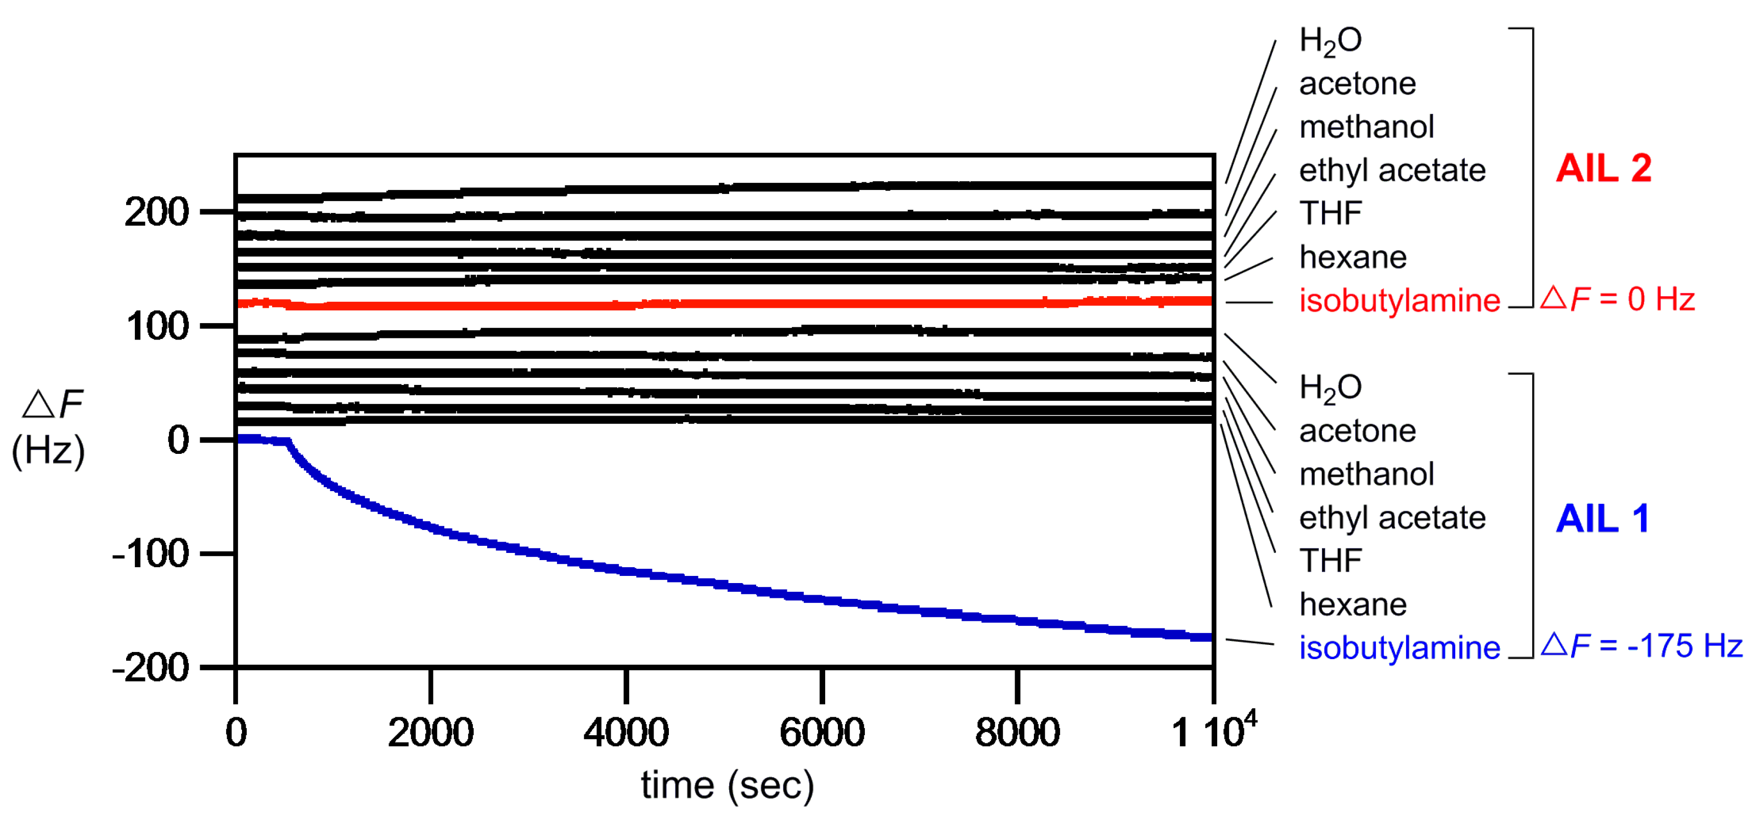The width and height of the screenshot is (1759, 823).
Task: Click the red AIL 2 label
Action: (x=1603, y=168)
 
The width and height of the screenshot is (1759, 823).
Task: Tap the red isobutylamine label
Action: (x=1399, y=301)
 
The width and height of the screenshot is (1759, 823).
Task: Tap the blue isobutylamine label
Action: (x=1399, y=647)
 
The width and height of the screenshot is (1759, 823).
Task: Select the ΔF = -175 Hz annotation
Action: (x=1642, y=645)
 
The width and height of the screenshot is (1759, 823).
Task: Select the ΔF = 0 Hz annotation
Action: (x=1618, y=299)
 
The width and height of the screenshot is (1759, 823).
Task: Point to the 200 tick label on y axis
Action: (x=156, y=212)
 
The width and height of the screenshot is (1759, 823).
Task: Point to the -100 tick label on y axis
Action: (x=150, y=554)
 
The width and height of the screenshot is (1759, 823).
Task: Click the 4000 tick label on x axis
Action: (x=625, y=732)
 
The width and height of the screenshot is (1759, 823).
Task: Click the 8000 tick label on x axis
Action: (x=1017, y=732)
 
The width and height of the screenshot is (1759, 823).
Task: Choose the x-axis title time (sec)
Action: (x=727, y=785)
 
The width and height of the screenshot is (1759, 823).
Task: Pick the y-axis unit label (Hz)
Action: (x=48, y=451)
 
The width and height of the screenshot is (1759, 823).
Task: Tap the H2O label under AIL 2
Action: (x=1330, y=41)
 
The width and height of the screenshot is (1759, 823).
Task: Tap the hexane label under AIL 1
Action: (x=1353, y=604)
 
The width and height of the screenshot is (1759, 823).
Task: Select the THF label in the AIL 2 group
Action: (x=1330, y=213)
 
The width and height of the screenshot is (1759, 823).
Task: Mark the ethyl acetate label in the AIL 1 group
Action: (x=1392, y=518)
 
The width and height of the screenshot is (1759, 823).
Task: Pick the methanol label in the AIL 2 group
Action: (x=1366, y=127)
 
